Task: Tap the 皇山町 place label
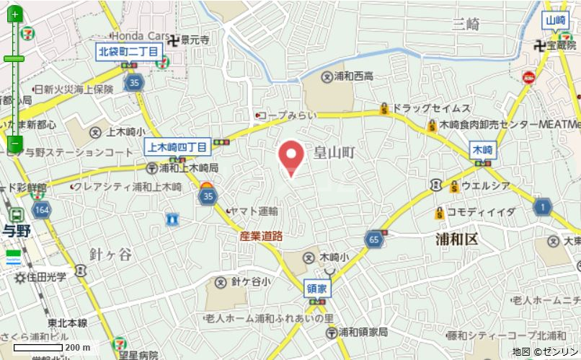pyautogui.click(x=335, y=152)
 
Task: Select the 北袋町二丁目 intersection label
pyautogui.click(x=128, y=51)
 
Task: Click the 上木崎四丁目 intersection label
pyautogui.click(x=178, y=147)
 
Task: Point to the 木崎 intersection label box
pyautogui.click(x=482, y=150)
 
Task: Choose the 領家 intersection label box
pyautogui.click(x=316, y=286)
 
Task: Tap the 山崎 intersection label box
pyautogui.click(x=555, y=21)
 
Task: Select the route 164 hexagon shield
pyautogui.click(x=42, y=210)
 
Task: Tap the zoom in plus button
pyautogui.click(x=15, y=14)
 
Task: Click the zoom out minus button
pyautogui.click(x=15, y=144)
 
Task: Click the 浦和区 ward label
pyautogui.click(x=456, y=240)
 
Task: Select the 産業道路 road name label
pyautogui.click(x=261, y=236)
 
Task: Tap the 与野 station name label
pyautogui.click(x=15, y=231)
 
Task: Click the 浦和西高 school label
pyautogui.click(x=353, y=76)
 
